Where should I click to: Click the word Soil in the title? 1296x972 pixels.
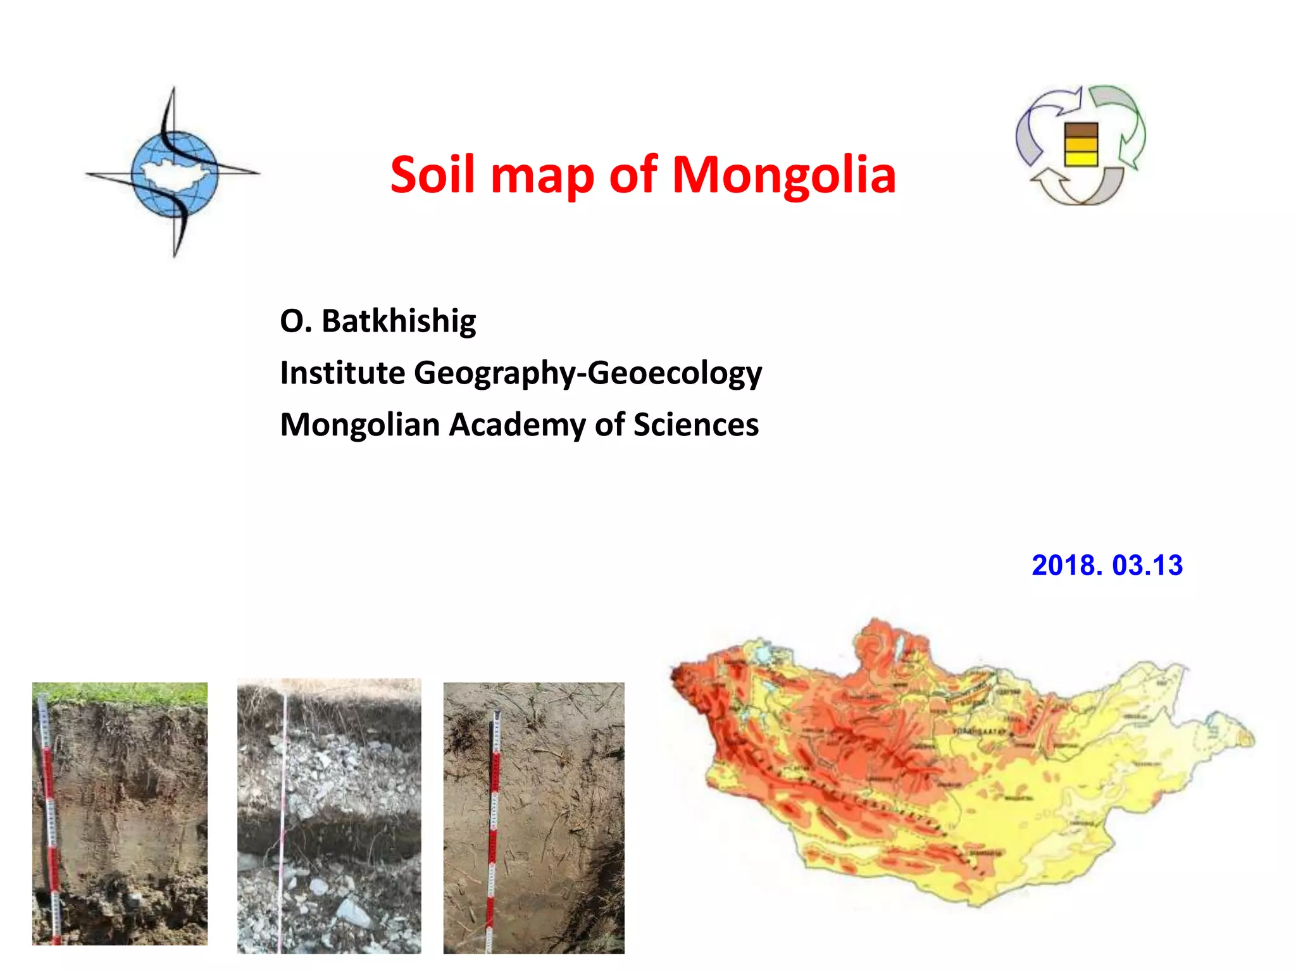432,175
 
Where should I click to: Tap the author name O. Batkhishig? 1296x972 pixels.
378,321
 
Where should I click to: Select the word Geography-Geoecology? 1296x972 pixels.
588,373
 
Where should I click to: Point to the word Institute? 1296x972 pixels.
342,373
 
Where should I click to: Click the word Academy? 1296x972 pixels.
517,425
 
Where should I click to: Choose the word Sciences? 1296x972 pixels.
696,425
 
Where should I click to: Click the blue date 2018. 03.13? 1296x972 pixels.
1107,565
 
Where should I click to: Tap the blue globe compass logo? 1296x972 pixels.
174,172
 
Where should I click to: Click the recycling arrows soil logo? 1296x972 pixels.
1081,146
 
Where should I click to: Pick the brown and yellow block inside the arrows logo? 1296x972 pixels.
1081,144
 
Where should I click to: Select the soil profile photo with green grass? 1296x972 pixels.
120,813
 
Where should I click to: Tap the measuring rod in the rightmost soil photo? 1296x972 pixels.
494,829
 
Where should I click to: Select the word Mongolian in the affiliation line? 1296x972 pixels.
360,425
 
